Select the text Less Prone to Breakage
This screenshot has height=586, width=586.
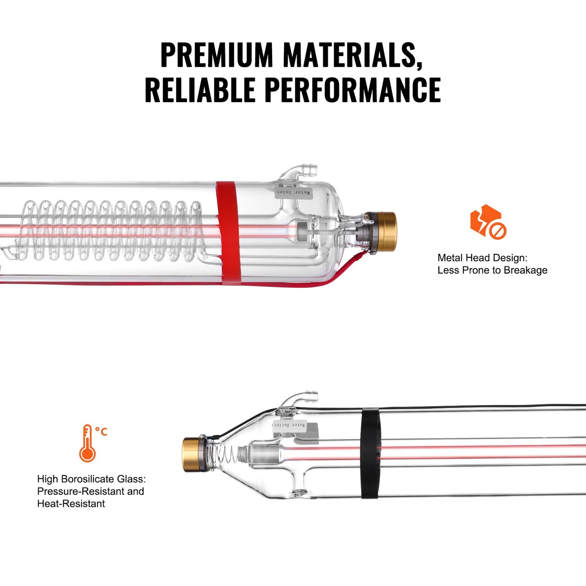point(492,270)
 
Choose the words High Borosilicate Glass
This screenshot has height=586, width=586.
point(91,479)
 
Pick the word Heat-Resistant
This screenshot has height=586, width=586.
point(71,504)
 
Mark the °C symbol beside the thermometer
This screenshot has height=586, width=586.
point(101,431)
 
